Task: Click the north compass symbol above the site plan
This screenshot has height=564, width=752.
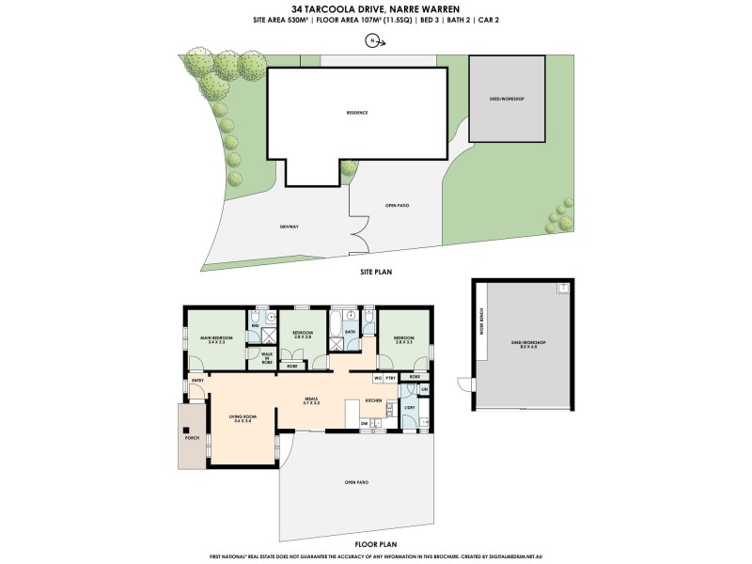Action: tap(373, 40)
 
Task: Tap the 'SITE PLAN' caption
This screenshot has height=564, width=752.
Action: tap(376, 272)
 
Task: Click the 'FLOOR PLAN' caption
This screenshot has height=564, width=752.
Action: tap(376, 544)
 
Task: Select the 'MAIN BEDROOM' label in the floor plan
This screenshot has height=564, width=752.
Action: tap(216, 338)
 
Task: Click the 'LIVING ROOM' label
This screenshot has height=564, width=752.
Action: tap(243, 418)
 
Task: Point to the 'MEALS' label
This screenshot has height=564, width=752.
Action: tap(313, 400)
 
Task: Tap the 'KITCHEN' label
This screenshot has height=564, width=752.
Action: tap(372, 400)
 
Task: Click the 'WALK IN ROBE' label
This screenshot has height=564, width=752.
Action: tap(267, 358)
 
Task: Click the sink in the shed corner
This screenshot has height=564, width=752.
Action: tap(561, 290)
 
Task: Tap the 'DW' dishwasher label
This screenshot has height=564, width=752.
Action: tap(363, 424)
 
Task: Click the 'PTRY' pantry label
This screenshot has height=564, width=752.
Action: tap(390, 378)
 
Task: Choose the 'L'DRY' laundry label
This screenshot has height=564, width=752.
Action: tap(410, 407)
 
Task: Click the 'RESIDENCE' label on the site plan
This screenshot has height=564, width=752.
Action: tap(356, 113)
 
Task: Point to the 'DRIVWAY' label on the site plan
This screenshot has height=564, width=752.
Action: tap(289, 227)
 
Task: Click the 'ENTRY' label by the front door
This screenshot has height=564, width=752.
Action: tap(197, 380)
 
